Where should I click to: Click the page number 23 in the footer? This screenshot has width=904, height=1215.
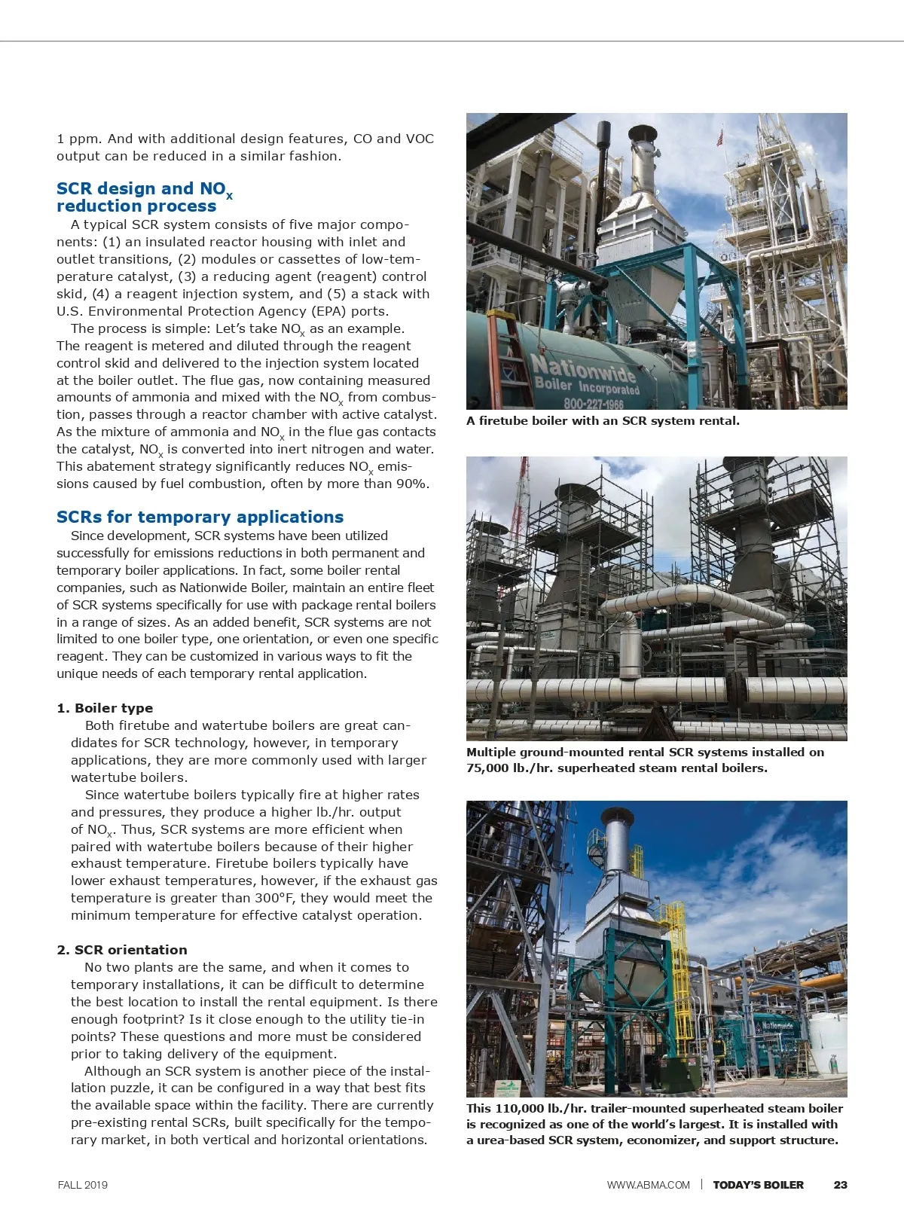point(840,1185)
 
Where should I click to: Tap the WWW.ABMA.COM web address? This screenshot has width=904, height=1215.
point(648,1185)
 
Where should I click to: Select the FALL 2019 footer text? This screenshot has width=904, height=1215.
point(83,1185)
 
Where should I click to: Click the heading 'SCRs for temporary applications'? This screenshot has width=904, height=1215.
point(200,517)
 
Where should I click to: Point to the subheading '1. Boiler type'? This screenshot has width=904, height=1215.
point(105,708)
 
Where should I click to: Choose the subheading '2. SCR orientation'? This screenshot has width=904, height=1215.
point(121,950)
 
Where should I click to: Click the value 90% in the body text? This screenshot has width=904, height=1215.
point(412,484)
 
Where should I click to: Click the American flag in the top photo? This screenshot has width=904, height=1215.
point(720,137)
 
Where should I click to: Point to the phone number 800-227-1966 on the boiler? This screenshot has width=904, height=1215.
point(594,403)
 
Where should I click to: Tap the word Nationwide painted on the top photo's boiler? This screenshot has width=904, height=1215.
point(584,368)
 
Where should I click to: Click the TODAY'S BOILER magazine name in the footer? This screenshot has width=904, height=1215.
point(758,1185)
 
